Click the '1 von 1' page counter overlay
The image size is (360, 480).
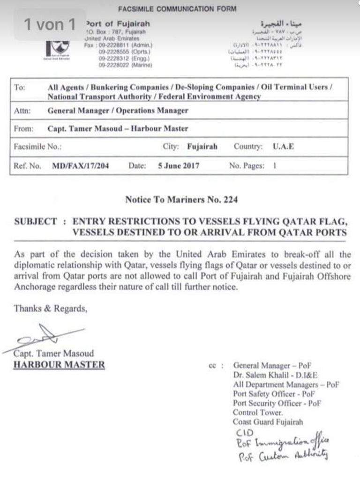49,24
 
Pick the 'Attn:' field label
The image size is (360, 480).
22,111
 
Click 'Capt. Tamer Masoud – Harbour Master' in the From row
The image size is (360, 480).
118,129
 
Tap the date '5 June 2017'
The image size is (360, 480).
180,166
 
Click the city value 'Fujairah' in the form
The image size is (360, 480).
202,147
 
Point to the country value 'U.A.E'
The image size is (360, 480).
283,147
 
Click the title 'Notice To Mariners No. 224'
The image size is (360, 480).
181,200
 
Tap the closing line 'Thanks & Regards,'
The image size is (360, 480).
51,309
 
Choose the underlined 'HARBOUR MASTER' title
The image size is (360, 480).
60,364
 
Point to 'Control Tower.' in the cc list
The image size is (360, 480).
258,413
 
